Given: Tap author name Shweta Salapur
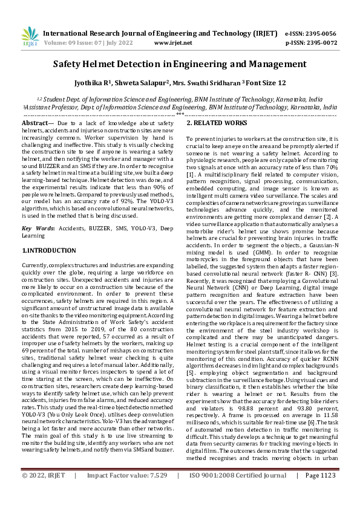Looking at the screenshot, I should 142,82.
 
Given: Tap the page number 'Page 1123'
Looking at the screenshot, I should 321,493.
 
